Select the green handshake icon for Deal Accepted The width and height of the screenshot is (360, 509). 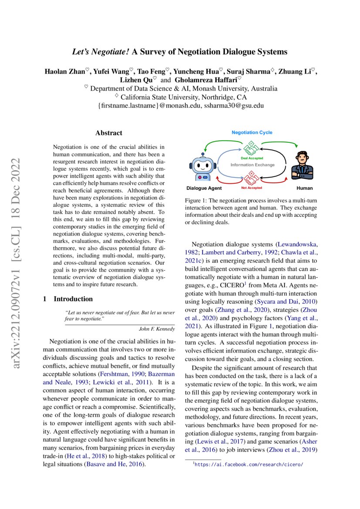[x=251, y=149]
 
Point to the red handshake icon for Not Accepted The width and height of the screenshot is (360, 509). [x=251, y=179]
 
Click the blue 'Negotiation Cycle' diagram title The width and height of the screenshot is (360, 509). [x=252, y=132]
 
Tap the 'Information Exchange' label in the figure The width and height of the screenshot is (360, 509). [x=252, y=165]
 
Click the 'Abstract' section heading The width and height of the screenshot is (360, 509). [x=109, y=133]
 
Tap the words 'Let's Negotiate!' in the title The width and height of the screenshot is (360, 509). [x=101, y=52]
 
